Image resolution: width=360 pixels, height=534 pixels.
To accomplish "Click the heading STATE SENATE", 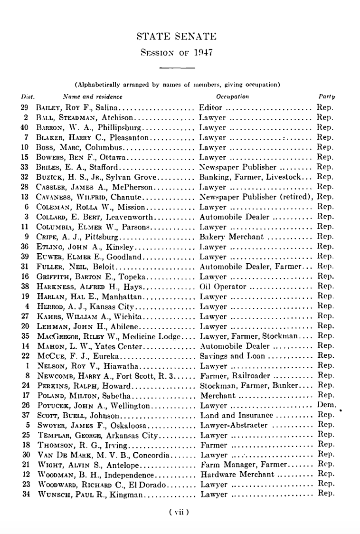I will click(x=176, y=37).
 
